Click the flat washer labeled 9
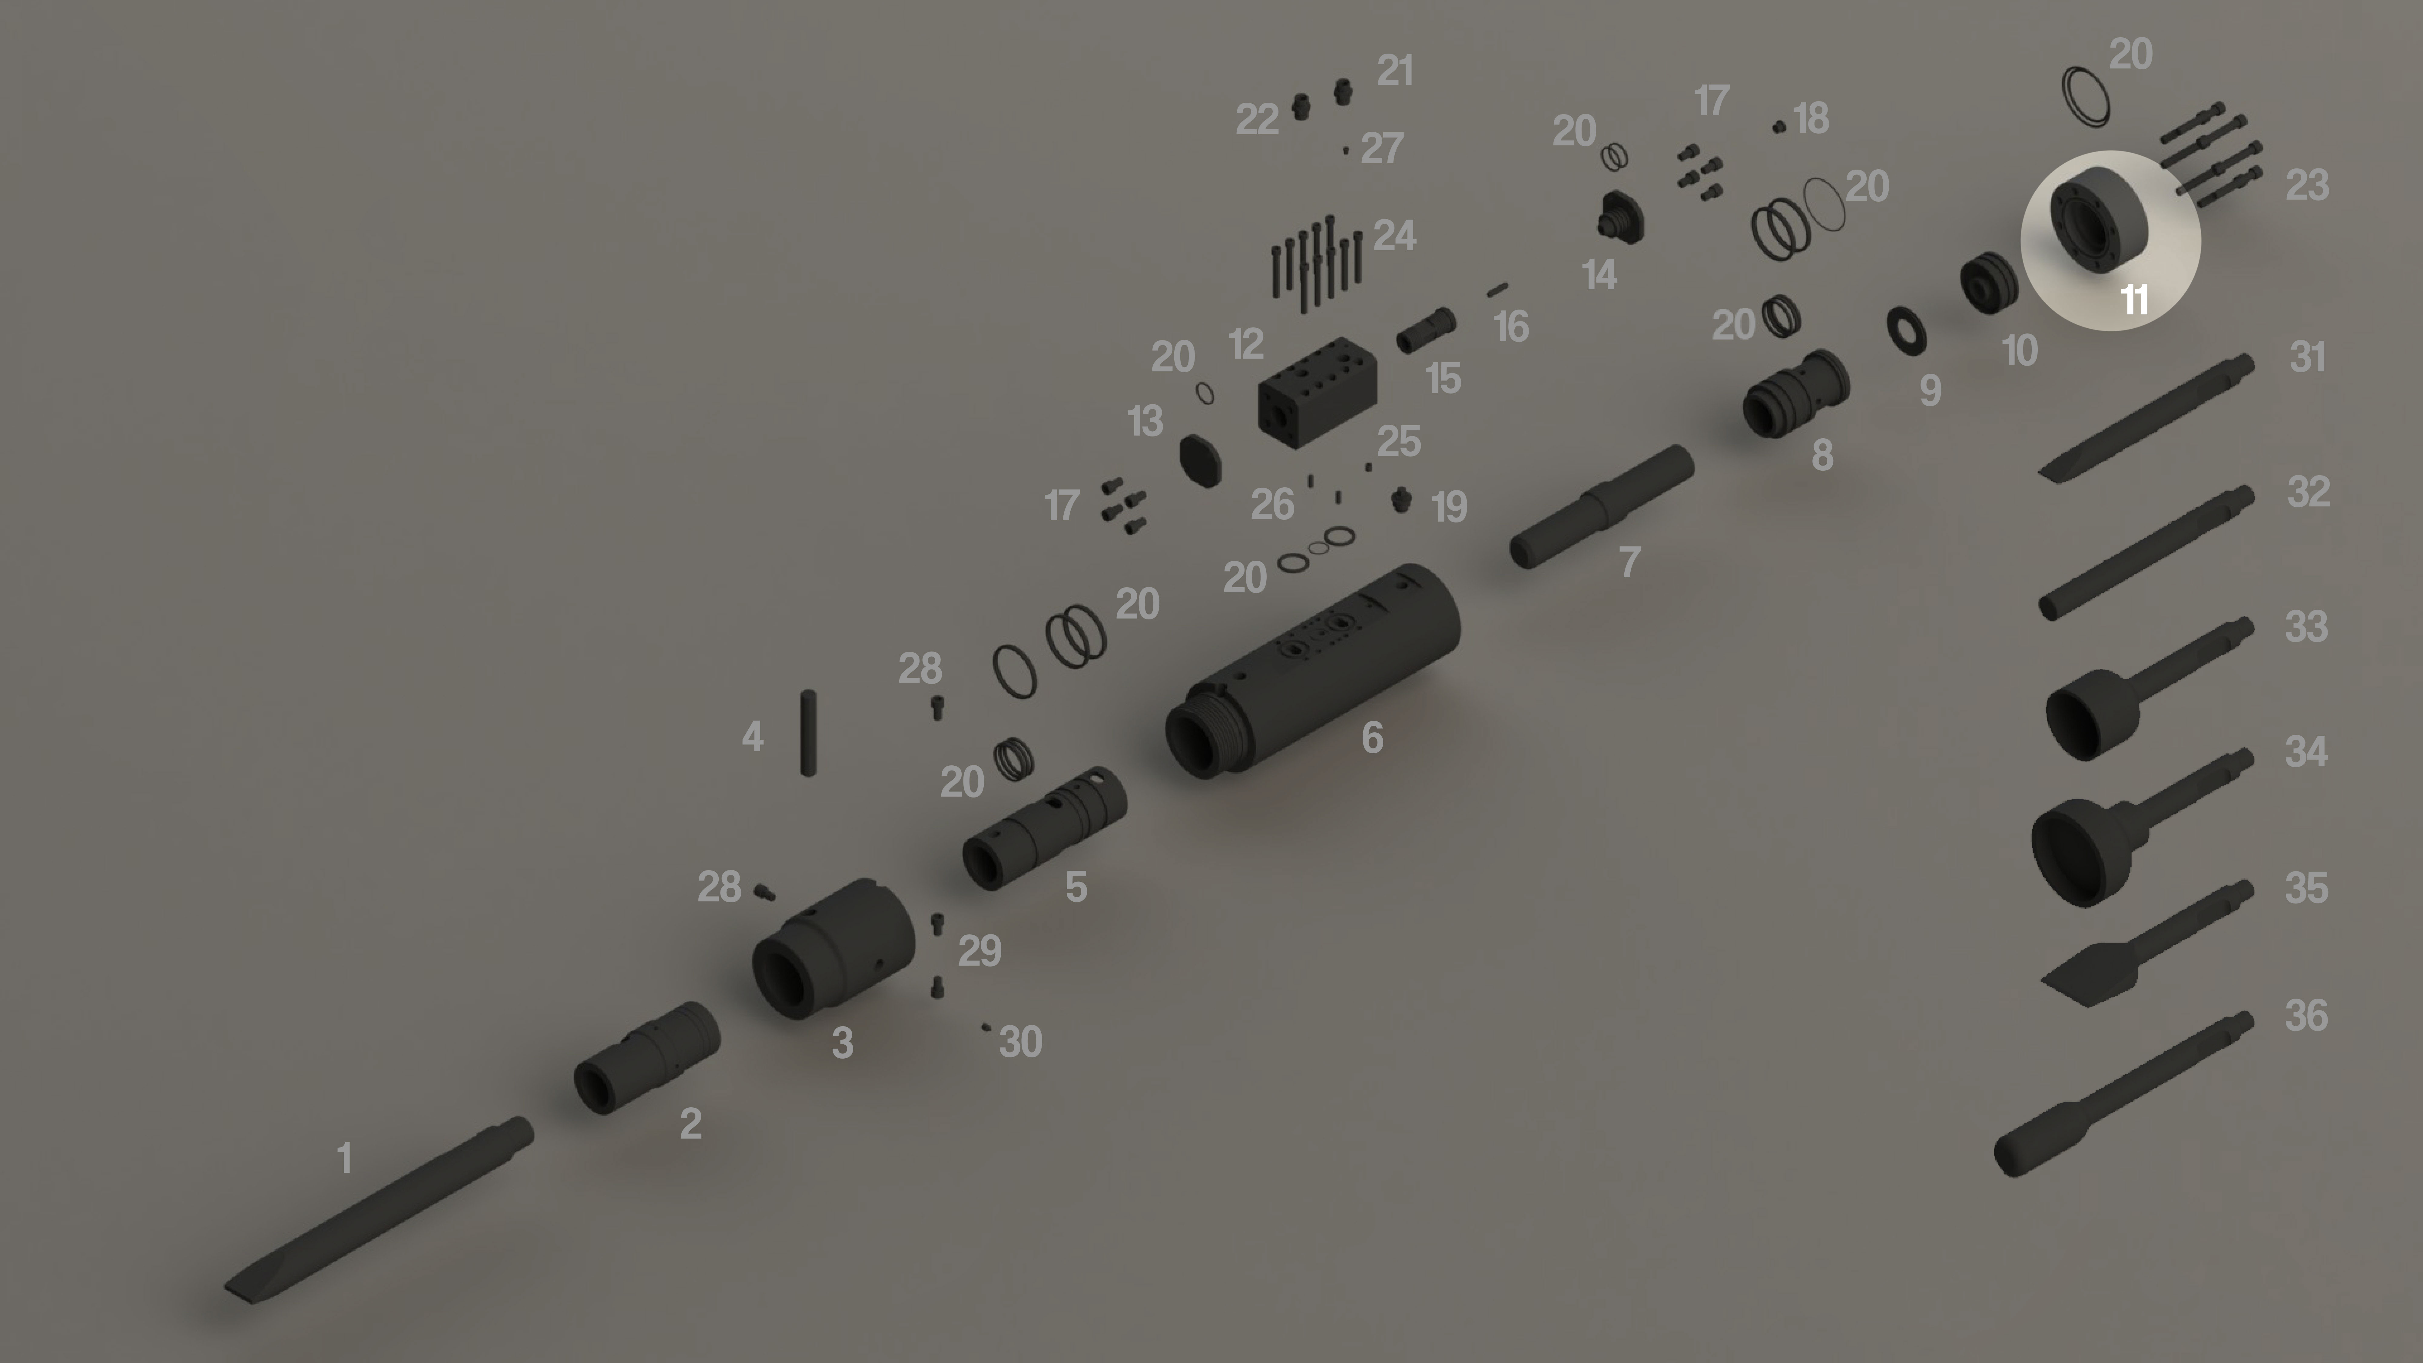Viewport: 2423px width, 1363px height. (x=1907, y=330)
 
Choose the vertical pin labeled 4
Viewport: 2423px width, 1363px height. (x=808, y=733)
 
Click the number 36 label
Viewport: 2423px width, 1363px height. (x=2306, y=1016)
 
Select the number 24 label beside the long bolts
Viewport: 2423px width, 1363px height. (x=1394, y=235)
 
